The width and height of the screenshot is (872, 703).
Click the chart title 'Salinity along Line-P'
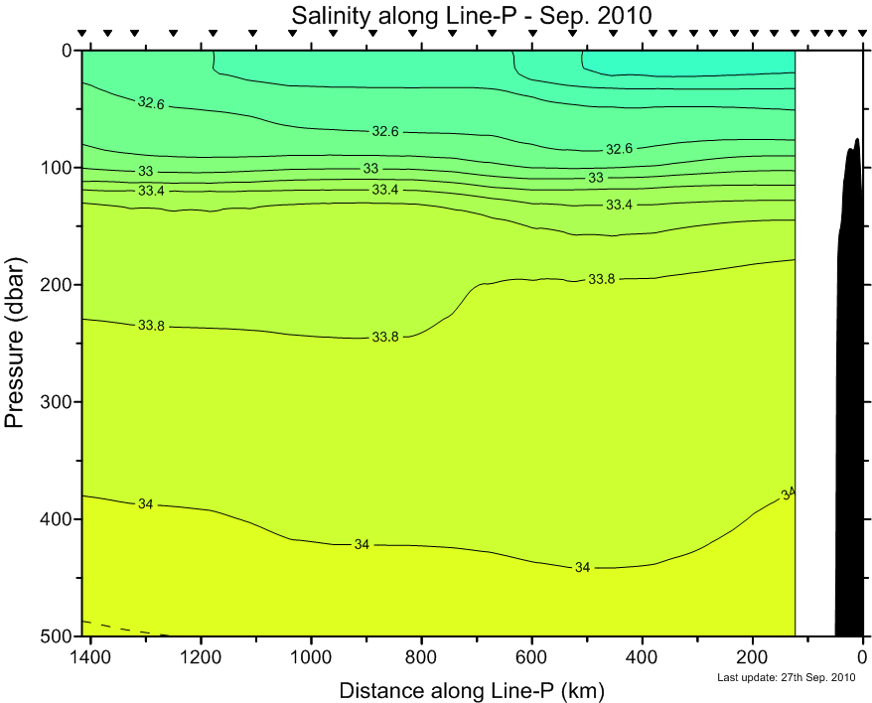(471, 15)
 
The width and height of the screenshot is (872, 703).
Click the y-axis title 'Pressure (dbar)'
(14, 343)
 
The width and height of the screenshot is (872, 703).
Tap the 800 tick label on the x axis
(421, 655)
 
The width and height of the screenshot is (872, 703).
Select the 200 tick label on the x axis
(752, 655)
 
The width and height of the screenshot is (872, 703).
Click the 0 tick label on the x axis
(862, 655)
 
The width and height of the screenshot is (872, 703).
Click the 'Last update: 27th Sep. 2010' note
(786, 678)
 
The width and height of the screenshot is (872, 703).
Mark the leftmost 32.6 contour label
(151, 102)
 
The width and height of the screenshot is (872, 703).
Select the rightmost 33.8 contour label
(602, 279)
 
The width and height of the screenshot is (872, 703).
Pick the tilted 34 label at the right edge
(789, 493)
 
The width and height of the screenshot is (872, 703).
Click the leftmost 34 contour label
(145, 504)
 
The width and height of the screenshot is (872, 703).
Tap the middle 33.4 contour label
(384, 190)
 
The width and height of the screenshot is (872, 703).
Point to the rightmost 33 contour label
(596, 178)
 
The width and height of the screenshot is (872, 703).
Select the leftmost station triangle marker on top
(82, 33)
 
